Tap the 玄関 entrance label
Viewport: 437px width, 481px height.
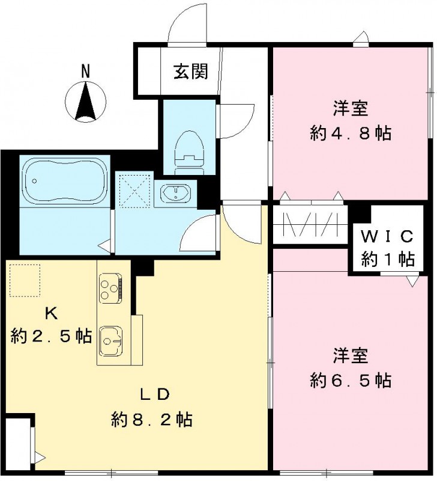(191, 72)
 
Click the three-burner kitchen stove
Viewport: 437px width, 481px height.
(110, 287)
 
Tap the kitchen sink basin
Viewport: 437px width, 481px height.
(111, 342)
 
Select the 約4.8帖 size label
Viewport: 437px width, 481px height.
(351, 133)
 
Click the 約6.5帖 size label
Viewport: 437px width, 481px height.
(351, 380)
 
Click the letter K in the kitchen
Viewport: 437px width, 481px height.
(51, 313)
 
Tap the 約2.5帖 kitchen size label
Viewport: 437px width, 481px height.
(51, 337)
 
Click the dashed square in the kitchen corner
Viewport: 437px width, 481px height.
(24, 281)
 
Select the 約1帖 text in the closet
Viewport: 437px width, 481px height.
(388, 259)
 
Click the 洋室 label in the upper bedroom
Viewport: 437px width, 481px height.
(351, 109)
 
